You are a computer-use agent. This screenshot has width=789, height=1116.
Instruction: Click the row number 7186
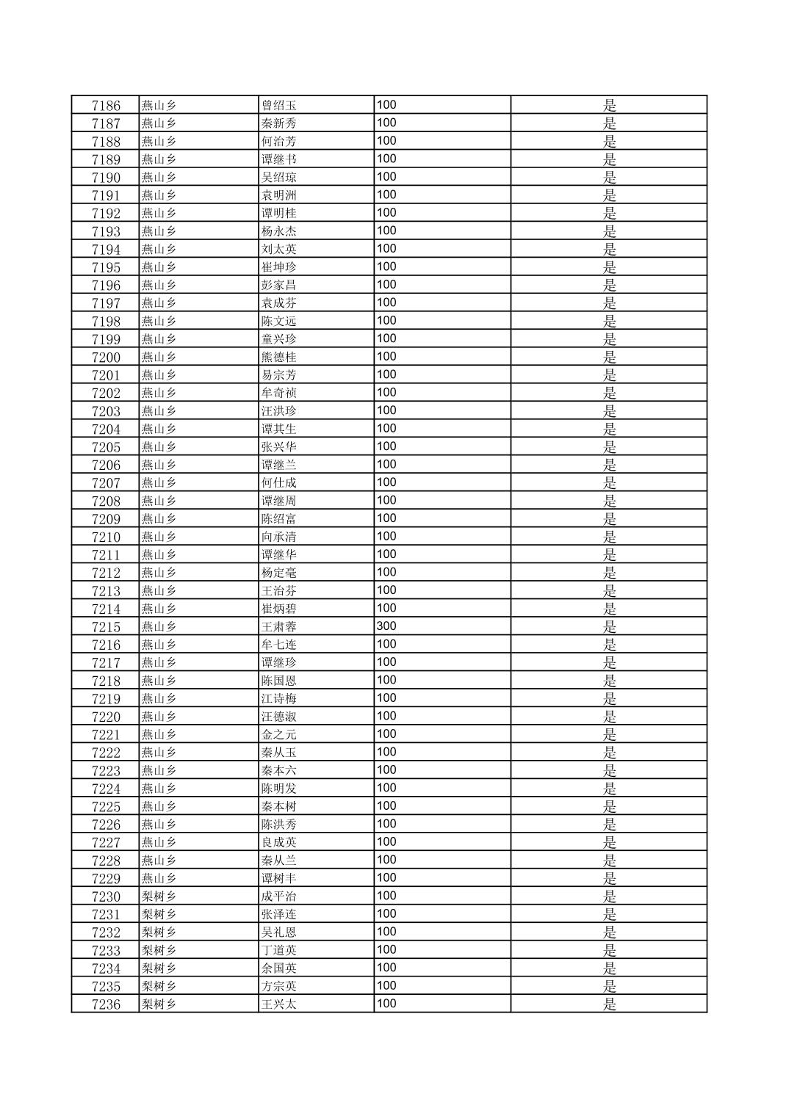pyautogui.click(x=106, y=106)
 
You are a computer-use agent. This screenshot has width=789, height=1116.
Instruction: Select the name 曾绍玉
pyautogui.click(x=279, y=106)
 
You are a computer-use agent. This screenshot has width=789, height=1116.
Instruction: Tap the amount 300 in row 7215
pyautogui.click(x=386, y=626)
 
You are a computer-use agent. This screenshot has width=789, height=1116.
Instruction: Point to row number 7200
pyautogui.click(x=106, y=358)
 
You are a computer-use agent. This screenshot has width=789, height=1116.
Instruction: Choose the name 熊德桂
pyautogui.click(x=279, y=358)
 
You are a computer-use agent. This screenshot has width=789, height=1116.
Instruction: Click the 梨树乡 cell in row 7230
pyautogui.click(x=159, y=896)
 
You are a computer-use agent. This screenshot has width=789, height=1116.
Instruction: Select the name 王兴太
pyautogui.click(x=279, y=1004)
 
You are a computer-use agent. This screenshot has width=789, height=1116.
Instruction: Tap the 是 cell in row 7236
pyautogui.click(x=610, y=1004)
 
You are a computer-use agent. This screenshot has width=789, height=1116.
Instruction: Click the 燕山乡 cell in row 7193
pyautogui.click(x=159, y=231)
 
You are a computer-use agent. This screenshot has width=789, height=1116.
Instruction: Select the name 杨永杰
pyautogui.click(x=279, y=231)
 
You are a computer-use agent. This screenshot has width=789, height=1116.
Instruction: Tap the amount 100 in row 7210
pyautogui.click(x=386, y=537)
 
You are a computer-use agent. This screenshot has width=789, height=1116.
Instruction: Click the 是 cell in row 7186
pyautogui.click(x=610, y=106)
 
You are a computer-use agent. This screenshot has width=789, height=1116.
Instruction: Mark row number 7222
pyautogui.click(x=106, y=753)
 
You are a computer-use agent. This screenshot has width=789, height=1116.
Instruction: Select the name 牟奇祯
pyautogui.click(x=279, y=394)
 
